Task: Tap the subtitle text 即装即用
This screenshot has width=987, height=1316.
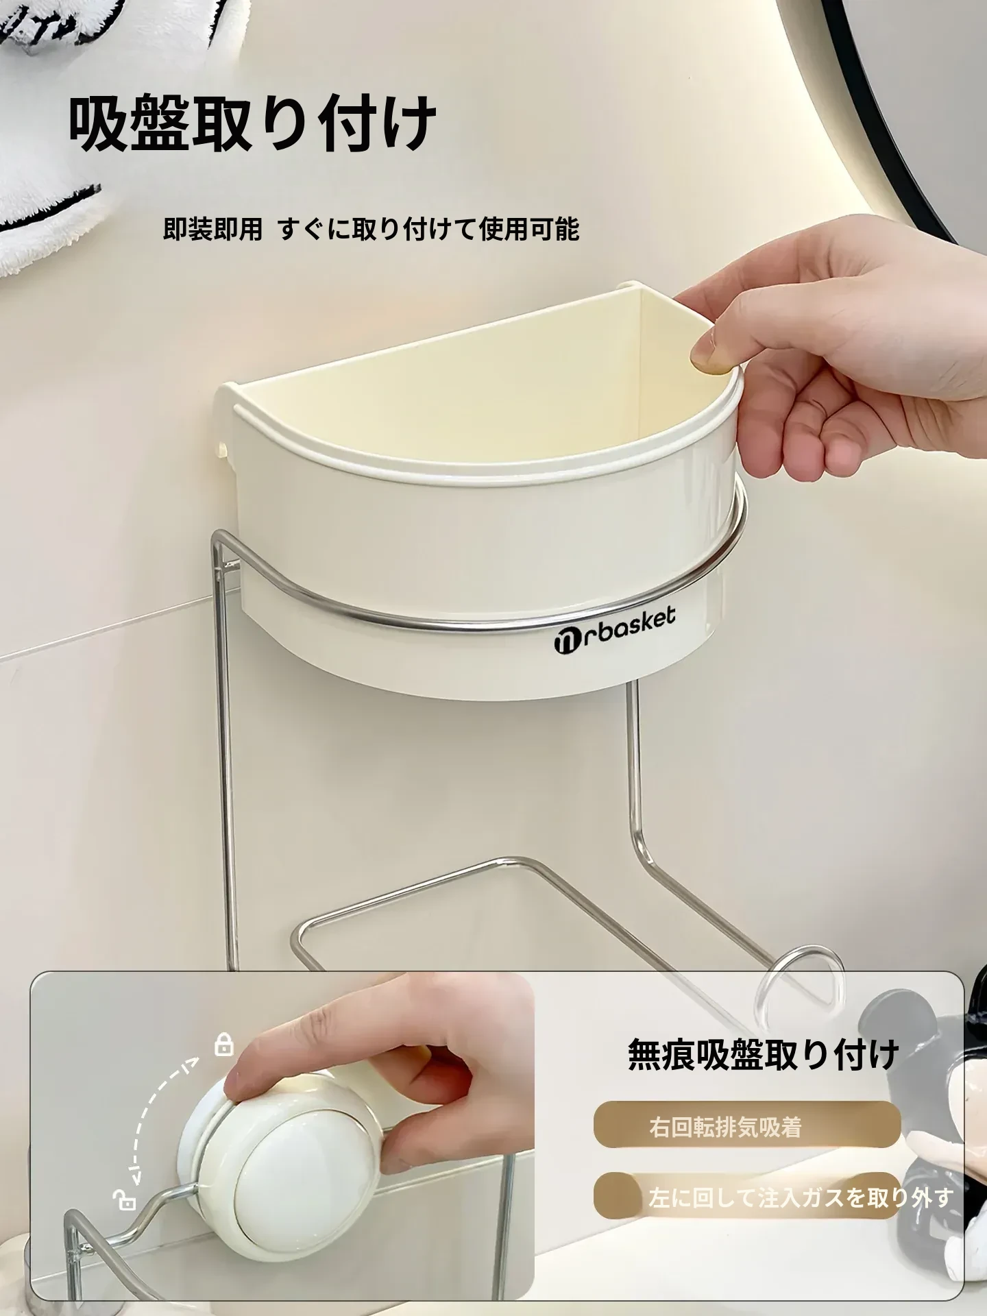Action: tap(212, 229)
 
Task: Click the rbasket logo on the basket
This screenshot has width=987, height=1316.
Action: tap(614, 628)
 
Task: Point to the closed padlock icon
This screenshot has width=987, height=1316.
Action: tap(224, 1045)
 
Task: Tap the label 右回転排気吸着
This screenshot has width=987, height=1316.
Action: tap(725, 1128)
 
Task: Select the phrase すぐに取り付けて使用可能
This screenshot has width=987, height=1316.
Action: tap(429, 229)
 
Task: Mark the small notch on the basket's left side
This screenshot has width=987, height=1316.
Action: tap(223, 449)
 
